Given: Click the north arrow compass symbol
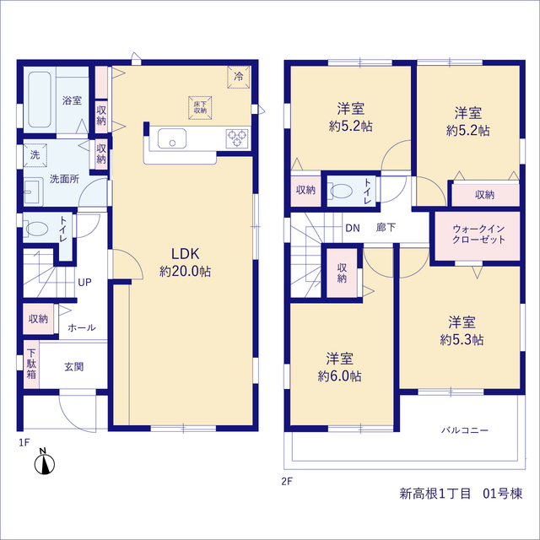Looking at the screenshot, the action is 45,462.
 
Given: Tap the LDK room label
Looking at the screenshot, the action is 186,254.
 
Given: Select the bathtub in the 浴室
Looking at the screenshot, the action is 40,100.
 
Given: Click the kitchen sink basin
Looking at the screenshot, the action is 172,138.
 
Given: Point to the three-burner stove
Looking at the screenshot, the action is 237,138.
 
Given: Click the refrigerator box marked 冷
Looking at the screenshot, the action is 238,77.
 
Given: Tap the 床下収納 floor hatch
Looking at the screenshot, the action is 200,108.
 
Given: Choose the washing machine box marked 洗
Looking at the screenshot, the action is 35,155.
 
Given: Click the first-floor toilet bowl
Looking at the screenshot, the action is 37,229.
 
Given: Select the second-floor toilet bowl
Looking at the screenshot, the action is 341,191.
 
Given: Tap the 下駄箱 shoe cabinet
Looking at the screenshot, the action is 31,364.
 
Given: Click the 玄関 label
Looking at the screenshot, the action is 74,367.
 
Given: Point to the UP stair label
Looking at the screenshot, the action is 84,283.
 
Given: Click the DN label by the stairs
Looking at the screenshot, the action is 353,228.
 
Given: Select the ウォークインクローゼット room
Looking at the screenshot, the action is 478,236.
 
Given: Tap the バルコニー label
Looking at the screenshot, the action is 465,430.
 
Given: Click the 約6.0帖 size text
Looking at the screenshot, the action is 339,376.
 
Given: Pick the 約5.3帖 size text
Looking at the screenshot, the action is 462,339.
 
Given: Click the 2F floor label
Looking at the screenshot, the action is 287,481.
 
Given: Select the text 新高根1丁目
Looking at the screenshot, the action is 435,494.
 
